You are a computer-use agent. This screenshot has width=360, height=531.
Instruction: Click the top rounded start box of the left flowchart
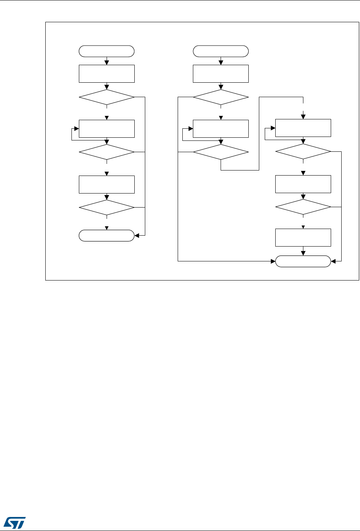[107, 51]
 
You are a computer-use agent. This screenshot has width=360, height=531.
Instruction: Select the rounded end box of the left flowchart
[107, 236]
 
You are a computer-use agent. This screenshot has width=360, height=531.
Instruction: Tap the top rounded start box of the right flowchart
[221, 51]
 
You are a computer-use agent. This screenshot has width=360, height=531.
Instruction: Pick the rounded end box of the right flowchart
[303, 261]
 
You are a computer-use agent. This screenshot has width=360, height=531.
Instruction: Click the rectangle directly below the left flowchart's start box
[107, 74]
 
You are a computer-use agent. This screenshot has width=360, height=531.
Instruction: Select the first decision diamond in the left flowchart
[107, 97]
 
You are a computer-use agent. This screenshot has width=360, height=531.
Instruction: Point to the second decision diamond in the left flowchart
[107, 152]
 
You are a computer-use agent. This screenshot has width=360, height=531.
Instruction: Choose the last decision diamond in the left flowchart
[107, 207]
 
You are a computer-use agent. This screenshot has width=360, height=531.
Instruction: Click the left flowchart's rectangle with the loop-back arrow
[107, 129]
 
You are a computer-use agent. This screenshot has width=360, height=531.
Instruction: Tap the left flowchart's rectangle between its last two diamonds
[107, 184]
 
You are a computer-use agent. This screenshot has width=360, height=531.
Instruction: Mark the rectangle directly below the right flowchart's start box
[221, 74]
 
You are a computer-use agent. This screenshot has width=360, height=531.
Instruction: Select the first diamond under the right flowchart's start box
[221, 97]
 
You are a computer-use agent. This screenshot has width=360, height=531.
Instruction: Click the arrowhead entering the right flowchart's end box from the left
[273, 261]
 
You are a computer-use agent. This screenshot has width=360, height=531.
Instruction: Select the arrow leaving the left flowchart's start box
[107, 61]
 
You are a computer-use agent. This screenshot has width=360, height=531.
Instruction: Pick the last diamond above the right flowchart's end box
[303, 207]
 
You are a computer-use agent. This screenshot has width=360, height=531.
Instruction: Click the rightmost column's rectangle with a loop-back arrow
[303, 128]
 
